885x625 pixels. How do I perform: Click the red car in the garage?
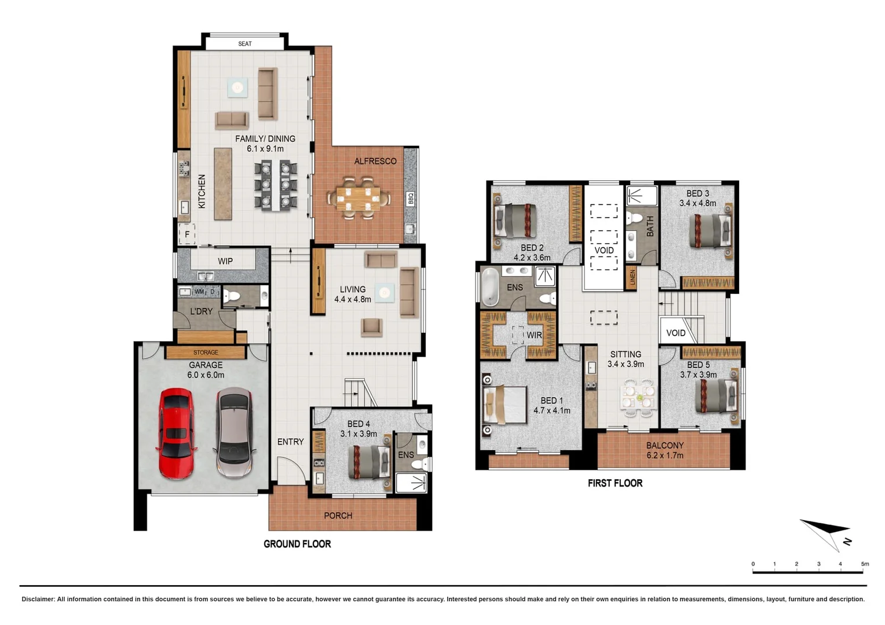tap(176, 433)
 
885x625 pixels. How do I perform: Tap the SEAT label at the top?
tap(245, 44)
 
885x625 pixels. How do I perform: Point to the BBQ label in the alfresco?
tap(411, 199)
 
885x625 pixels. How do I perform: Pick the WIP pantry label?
tap(225, 261)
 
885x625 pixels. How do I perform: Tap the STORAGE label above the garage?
tap(206, 352)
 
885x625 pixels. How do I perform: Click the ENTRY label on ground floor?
tap(290, 442)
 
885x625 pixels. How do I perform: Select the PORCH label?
tap(338, 516)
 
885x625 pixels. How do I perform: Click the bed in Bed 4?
tap(369, 461)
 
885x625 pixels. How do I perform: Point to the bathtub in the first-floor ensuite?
tap(490, 286)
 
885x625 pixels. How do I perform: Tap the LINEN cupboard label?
tap(632, 278)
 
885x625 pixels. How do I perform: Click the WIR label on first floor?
tap(534, 335)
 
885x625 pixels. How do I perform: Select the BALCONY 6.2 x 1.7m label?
tap(665, 450)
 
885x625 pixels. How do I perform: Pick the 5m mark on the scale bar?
tap(864, 564)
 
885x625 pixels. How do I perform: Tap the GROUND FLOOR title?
tap(297, 544)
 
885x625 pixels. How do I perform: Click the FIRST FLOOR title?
tap(615, 483)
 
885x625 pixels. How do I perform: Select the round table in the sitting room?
tap(639, 398)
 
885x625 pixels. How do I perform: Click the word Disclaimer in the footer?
tap(38, 600)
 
